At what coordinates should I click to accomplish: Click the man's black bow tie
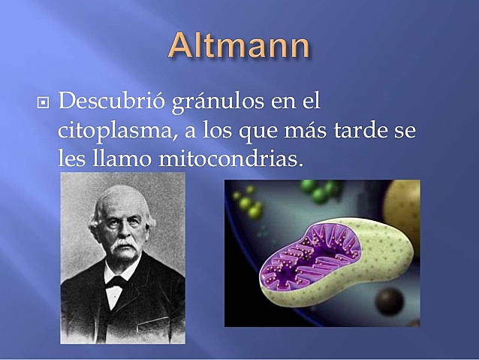(116, 282)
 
